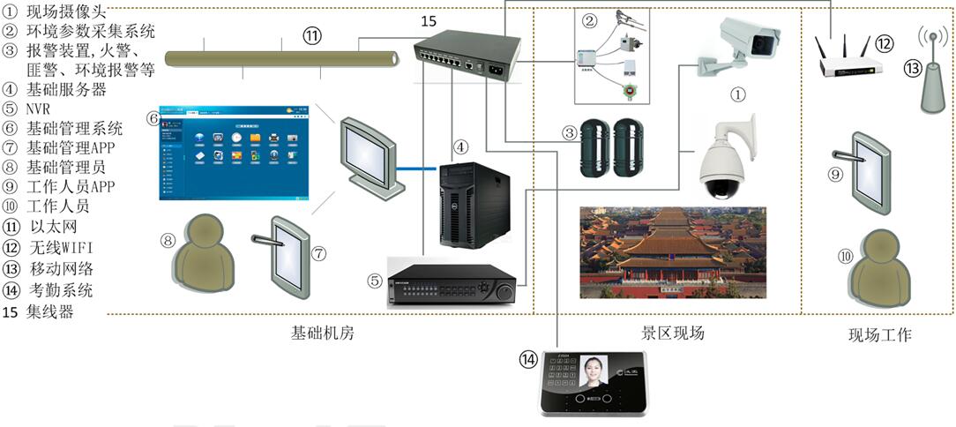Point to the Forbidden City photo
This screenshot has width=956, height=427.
(673, 252)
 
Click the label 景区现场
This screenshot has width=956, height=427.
(672, 333)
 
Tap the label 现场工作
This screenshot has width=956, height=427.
(879, 335)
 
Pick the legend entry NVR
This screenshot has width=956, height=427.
(40, 109)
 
